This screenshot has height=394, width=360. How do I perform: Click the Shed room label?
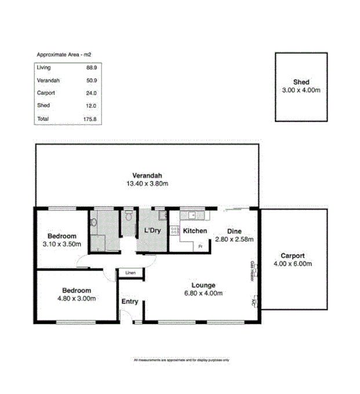coord(301,82)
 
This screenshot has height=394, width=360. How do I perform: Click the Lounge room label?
coord(203,285)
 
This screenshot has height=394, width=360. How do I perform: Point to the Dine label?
coord(235,230)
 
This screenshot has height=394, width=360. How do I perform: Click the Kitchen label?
coord(195,231)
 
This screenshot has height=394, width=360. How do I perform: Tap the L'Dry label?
coord(152,231)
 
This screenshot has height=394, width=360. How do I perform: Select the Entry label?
coord(130,301)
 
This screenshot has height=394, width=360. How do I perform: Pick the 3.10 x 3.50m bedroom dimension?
coord(62,245)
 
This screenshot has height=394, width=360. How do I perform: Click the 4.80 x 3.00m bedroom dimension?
coord(77,298)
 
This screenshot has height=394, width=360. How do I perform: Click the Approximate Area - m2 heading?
coord(64,54)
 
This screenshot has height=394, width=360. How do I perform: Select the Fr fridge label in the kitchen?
coord(200,247)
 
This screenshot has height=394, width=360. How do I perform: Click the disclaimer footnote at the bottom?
coord(181,360)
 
